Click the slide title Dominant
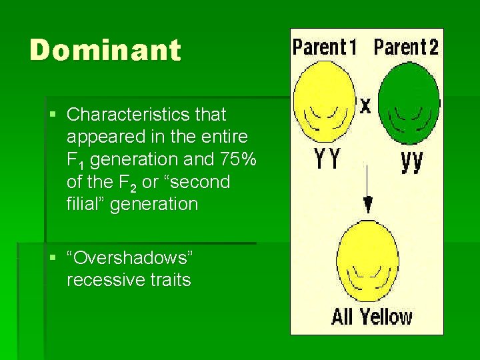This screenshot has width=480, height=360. pos(105,51)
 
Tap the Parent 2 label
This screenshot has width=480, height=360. pos(406,47)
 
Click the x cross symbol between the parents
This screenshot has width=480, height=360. pos(366,105)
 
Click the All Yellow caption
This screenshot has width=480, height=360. pos(371,317)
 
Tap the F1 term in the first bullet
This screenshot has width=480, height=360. pos(76,160)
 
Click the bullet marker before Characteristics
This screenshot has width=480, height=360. pos(53,115)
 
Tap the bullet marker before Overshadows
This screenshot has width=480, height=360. pos(53,257)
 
